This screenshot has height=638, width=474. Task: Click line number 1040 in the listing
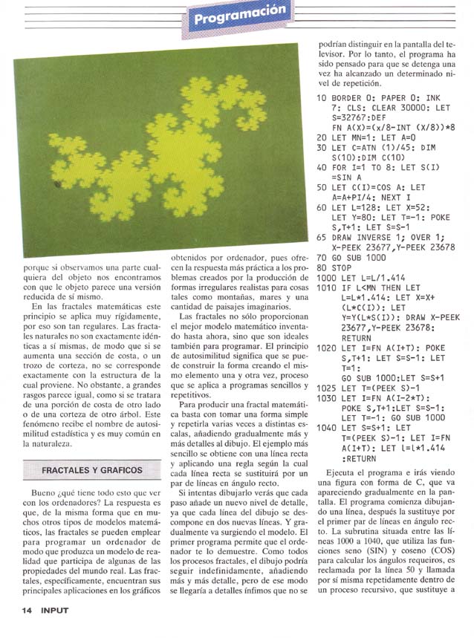coord(327,428)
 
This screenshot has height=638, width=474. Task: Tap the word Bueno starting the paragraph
coord(39,494)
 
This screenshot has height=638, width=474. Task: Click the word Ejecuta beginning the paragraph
coord(343,472)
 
